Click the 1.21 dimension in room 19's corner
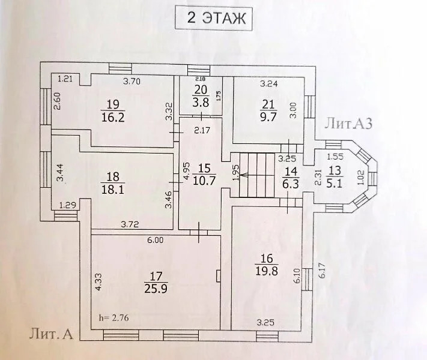[65, 79]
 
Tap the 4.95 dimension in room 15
[186, 172]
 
